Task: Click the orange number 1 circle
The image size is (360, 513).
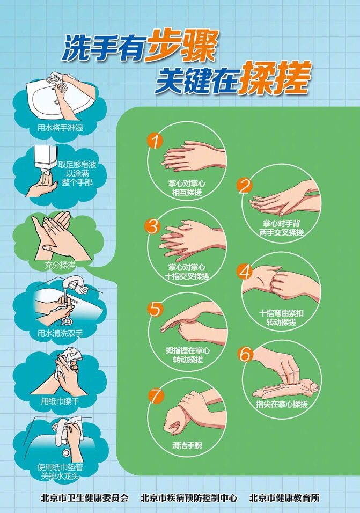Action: [155, 142]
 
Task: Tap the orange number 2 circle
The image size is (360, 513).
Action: [245, 185]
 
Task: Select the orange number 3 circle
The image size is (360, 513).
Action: [153, 226]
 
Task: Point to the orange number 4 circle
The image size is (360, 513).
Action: [245, 272]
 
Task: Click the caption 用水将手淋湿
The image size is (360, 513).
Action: [56, 128]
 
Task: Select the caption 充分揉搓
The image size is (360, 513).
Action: [60, 265]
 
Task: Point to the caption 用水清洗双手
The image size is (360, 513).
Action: [60, 333]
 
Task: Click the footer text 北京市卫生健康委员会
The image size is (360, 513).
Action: [84, 497]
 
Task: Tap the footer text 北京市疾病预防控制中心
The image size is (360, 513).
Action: [189, 497]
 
